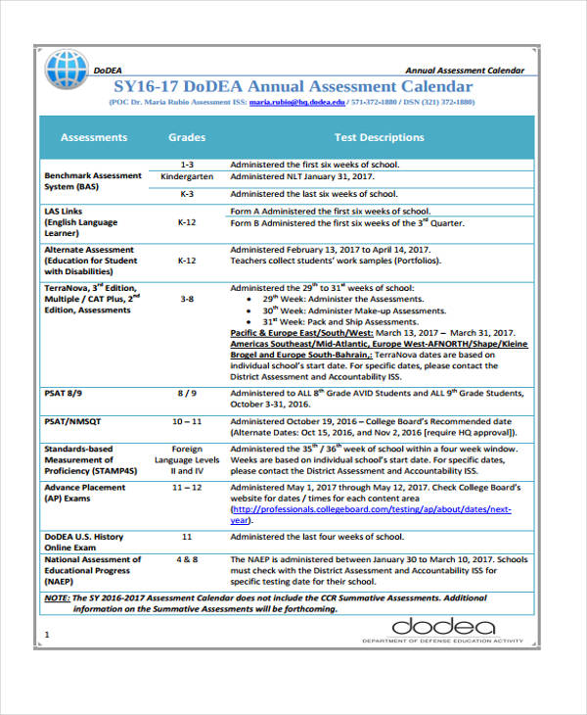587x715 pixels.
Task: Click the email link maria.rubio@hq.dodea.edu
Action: point(296,102)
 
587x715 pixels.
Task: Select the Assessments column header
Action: point(94,138)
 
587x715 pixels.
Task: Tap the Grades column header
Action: point(186,138)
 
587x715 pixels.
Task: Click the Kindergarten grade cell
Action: point(186,178)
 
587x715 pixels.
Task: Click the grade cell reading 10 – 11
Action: point(186,421)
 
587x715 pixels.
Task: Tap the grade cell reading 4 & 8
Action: point(186,559)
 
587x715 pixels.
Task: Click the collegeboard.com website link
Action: point(370,510)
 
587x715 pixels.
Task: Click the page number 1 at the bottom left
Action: point(47,635)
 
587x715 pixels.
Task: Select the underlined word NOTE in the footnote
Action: point(57,596)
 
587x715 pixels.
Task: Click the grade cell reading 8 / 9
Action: point(186,393)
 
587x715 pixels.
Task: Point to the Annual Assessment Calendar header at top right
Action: point(465,71)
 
